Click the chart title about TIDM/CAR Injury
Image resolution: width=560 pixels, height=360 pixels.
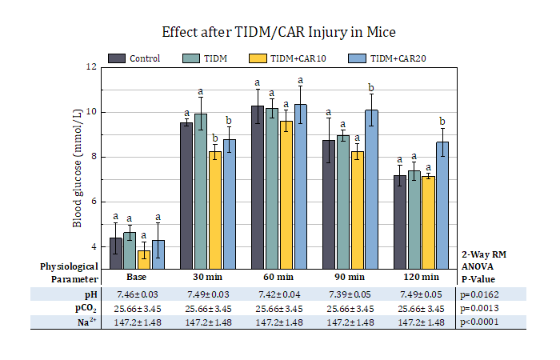click(x=279, y=33)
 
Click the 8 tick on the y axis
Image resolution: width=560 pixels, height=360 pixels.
click(x=93, y=157)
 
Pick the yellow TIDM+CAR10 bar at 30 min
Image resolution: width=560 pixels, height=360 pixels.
click(x=215, y=210)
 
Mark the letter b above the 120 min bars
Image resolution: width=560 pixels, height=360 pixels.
click(x=442, y=122)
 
